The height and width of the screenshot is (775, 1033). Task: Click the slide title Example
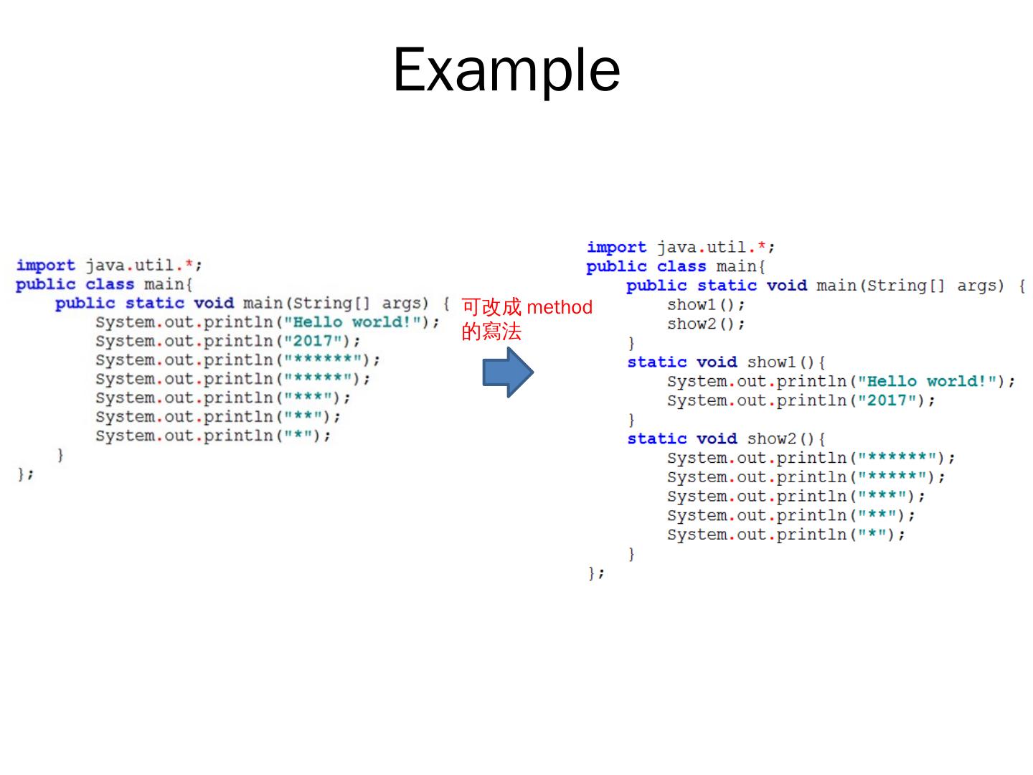[x=506, y=70]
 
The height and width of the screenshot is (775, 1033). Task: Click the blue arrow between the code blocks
[x=507, y=372]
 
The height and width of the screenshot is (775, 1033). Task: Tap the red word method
[x=560, y=307]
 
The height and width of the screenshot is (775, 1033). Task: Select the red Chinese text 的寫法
[x=491, y=332]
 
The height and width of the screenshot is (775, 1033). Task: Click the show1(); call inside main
[x=706, y=305]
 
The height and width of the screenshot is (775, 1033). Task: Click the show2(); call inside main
[x=706, y=324]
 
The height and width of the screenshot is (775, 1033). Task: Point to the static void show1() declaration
[x=726, y=362]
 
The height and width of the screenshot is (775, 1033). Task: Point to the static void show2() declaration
[x=726, y=439]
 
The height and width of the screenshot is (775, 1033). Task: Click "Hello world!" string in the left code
[x=352, y=322]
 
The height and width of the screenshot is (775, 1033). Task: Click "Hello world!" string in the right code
[x=926, y=382]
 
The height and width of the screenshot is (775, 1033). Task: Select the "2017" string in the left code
[x=313, y=341]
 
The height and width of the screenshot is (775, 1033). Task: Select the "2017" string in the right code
[x=887, y=400]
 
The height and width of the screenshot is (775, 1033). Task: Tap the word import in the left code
[x=45, y=266]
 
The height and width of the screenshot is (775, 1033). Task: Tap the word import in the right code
[x=616, y=248]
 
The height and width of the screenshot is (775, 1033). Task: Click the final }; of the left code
[x=25, y=474]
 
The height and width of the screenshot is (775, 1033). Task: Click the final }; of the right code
[x=596, y=573]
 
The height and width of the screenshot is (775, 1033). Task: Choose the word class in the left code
[x=110, y=284]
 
